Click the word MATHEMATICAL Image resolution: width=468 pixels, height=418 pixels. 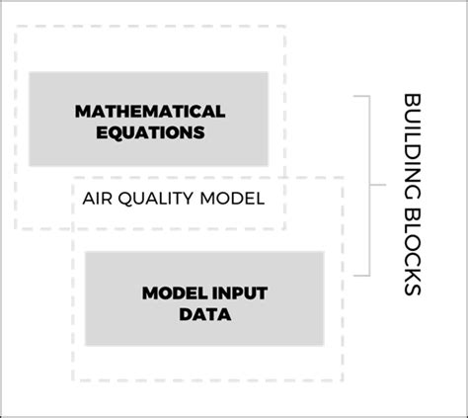[150, 110]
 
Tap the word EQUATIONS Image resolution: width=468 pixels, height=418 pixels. [150, 130]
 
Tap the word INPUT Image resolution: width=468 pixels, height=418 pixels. [235, 293]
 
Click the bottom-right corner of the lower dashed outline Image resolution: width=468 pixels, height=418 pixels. [343, 381]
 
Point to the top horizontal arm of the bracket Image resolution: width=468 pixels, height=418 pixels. [361, 97]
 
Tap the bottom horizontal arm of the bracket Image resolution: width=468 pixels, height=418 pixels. [361, 274]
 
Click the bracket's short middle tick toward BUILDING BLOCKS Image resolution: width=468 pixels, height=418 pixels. [376, 185]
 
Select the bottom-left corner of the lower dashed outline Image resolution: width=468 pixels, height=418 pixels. [72, 381]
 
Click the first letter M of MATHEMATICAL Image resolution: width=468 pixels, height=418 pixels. [82, 110]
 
